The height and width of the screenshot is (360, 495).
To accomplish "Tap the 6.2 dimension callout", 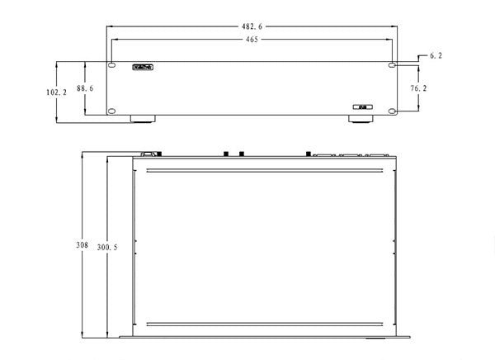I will click(436, 55).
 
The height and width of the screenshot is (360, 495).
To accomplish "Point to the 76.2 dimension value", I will click(418, 88).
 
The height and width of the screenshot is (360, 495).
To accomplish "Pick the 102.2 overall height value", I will click(58, 92).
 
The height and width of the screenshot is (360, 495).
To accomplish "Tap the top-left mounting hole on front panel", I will click(111, 64).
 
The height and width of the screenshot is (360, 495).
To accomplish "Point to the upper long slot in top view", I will click(263, 172).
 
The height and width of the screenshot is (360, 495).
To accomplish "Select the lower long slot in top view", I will click(263, 322).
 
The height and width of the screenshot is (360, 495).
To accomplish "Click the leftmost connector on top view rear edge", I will click(152, 153).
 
